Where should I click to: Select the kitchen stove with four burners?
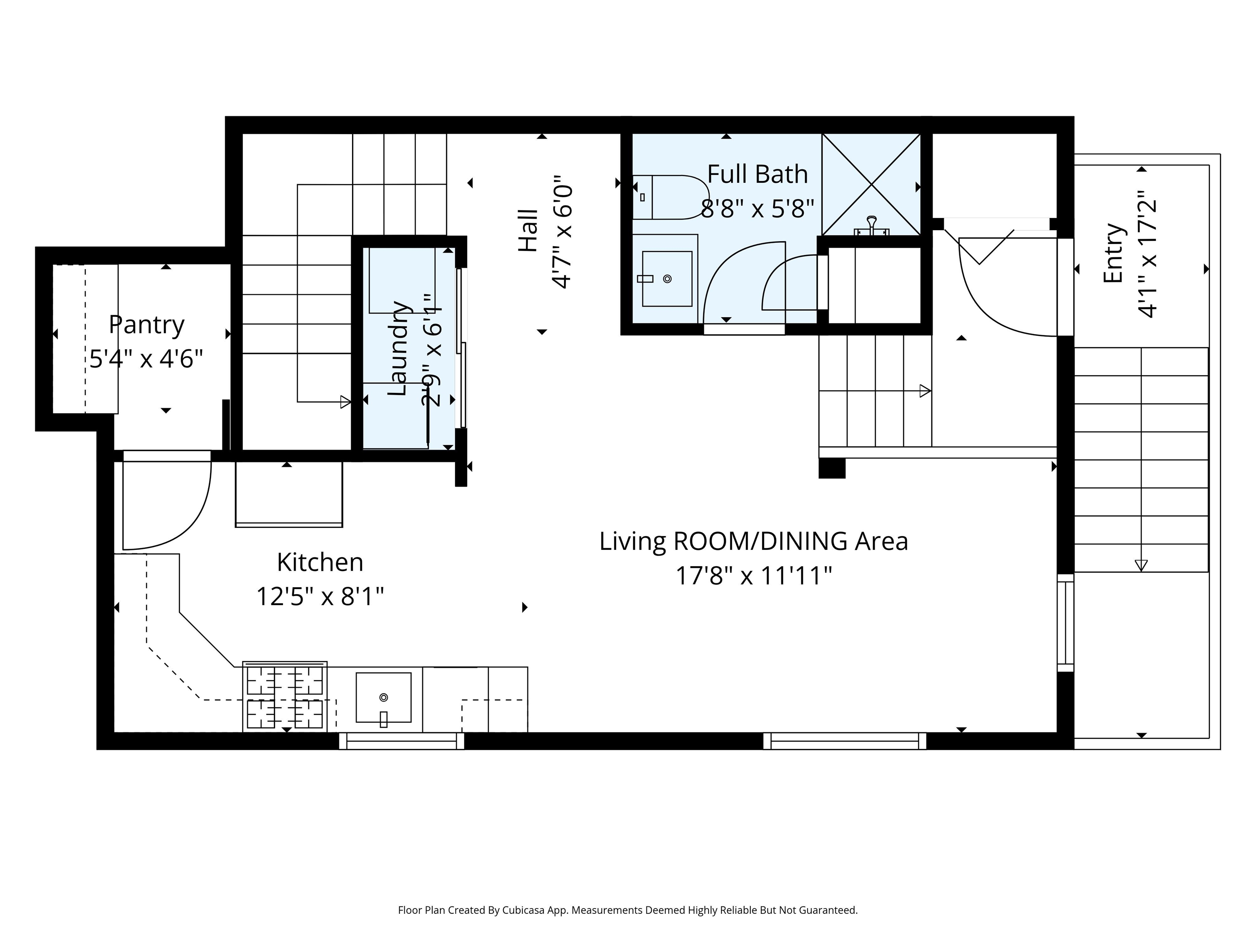click(285, 697)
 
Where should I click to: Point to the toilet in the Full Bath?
click(670, 197)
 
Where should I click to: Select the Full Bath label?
click(758, 174)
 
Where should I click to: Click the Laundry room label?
click(398, 348)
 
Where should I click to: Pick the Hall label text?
click(528, 231)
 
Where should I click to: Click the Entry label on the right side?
click(1113, 253)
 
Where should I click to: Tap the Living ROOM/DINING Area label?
click(754, 541)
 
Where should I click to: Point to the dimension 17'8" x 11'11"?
click(754, 576)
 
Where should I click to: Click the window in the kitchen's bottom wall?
click(401, 741)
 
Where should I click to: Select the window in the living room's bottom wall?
click(845, 741)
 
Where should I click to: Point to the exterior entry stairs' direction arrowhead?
click(1141, 565)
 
